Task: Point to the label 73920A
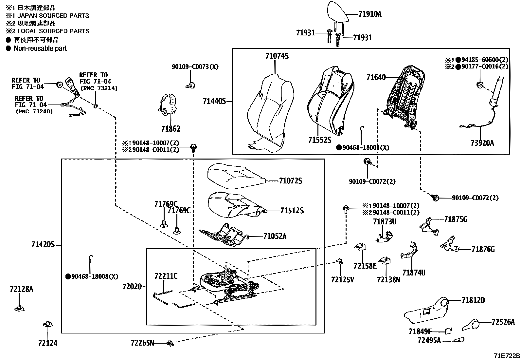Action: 482,143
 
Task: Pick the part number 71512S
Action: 292,211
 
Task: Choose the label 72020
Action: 132,287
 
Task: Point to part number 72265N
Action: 142,343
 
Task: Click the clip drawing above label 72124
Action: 47,324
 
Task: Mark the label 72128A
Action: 21,289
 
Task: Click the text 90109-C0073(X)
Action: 195,66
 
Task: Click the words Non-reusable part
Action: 40,48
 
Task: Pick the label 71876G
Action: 483,249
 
